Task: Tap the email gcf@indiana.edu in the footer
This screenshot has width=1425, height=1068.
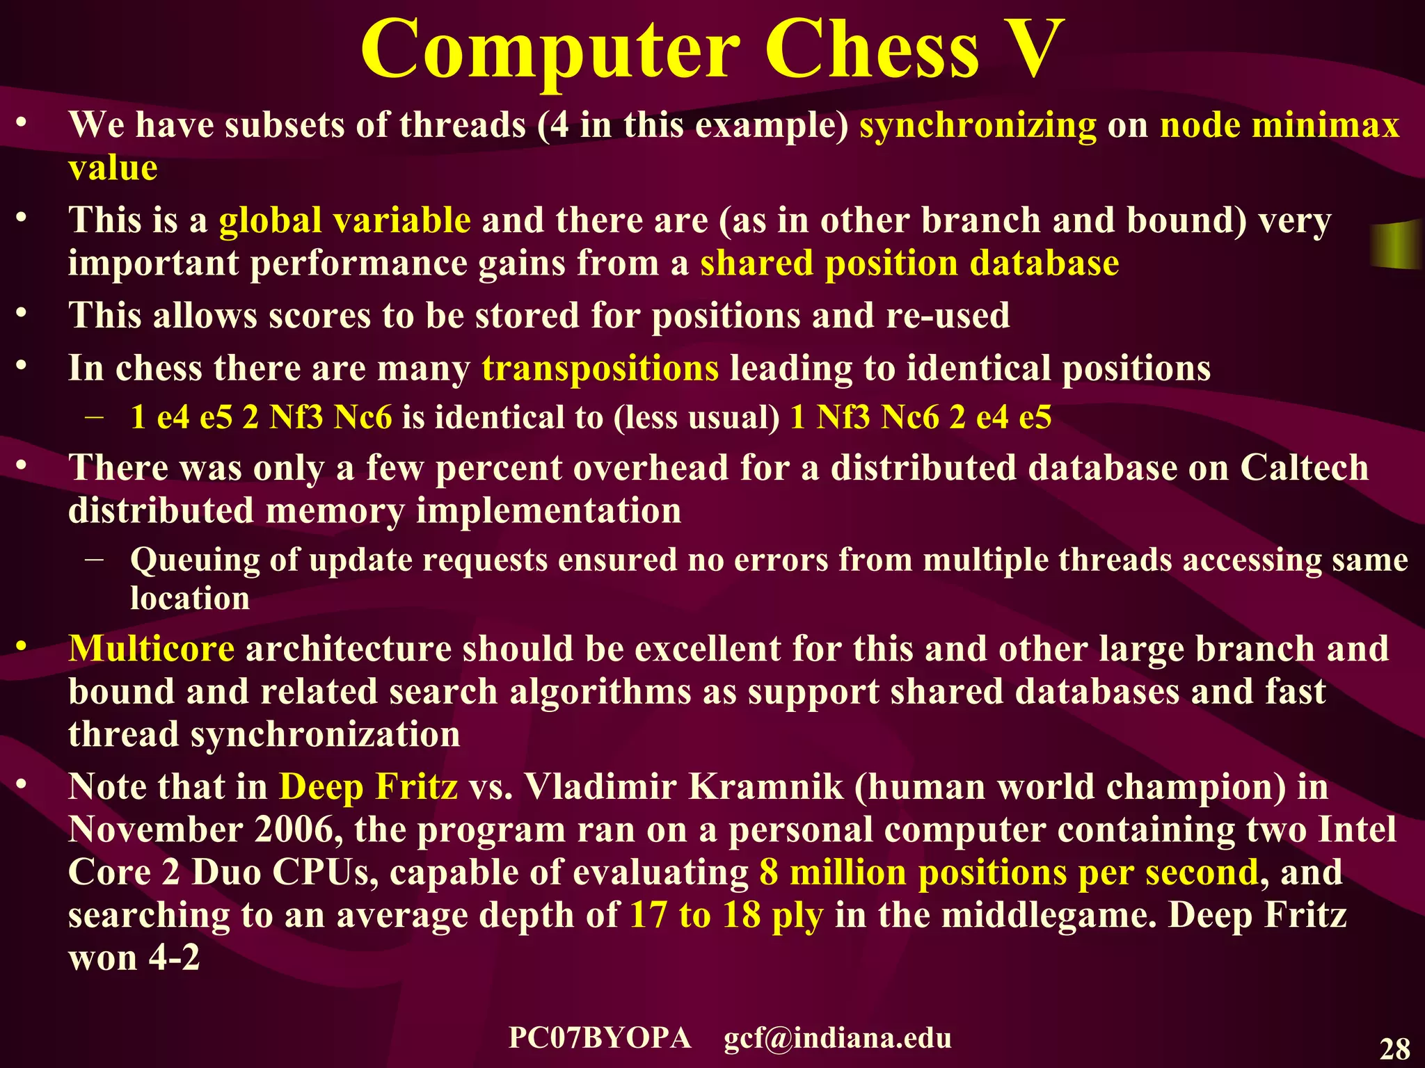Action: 837,1038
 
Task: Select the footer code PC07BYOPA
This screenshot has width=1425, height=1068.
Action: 600,1038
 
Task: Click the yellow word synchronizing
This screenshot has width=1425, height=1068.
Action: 978,126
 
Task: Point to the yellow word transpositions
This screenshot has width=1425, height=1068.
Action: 600,369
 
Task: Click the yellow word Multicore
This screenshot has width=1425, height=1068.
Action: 151,649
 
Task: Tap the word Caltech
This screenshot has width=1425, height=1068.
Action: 1304,467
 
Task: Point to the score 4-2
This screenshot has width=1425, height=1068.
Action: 174,958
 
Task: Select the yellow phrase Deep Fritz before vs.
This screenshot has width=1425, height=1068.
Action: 368,787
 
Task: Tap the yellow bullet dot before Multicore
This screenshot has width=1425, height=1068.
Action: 22,647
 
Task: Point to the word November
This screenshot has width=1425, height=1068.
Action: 155,830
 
